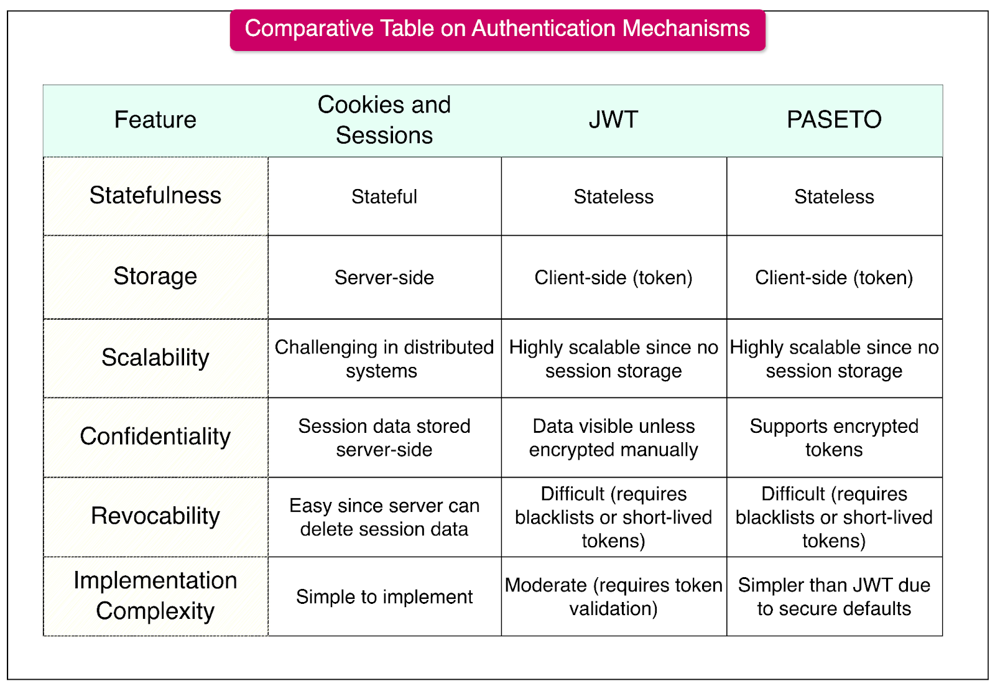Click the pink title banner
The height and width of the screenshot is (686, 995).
pyautogui.click(x=497, y=29)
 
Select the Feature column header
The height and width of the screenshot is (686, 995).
pyautogui.click(x=155, y=120)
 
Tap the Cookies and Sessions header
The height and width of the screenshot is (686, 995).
pyautogui.click(x=384, y=120)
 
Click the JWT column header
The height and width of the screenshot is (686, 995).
pyautogui.click(x=613, y=120)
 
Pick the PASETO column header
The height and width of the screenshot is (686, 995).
pyautogui.click(x=834, y=120)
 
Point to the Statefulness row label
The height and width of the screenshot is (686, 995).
pyautogui.click(x=155, y=196)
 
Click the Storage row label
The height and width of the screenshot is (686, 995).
pyautogui.click(x=155, y=277)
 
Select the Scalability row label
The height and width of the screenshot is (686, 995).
pyautogui.click(x=155, y=358)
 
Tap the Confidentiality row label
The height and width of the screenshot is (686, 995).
pyautogui.click(x=155, y=437)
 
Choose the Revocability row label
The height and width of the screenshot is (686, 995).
pyautogui.click(x=155, y=516)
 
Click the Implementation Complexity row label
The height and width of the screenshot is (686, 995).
pyautogui.click(x=155, y=596)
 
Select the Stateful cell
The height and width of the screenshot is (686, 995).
pyautogui.click(x=384, y=197)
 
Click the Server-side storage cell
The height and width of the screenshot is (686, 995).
pyautogui.click(x=384, y=277)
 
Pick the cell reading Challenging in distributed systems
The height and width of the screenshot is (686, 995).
pyautogui.click(x=384, y=359)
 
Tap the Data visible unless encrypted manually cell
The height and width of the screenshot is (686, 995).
pyautogui.click(x=613, y=438)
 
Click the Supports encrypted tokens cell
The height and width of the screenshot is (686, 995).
pyautogui.click(x=834, y=438)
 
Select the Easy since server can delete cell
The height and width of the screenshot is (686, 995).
pyautogui.click(x=384, y=517)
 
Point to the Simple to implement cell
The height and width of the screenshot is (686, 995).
pyautogui.click(x=384, y=597)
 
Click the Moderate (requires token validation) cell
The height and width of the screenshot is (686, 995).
pyautogui.click(x=613, y=597)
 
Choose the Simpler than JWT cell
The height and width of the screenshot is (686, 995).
pyautogui.click(x=834, y=597)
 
